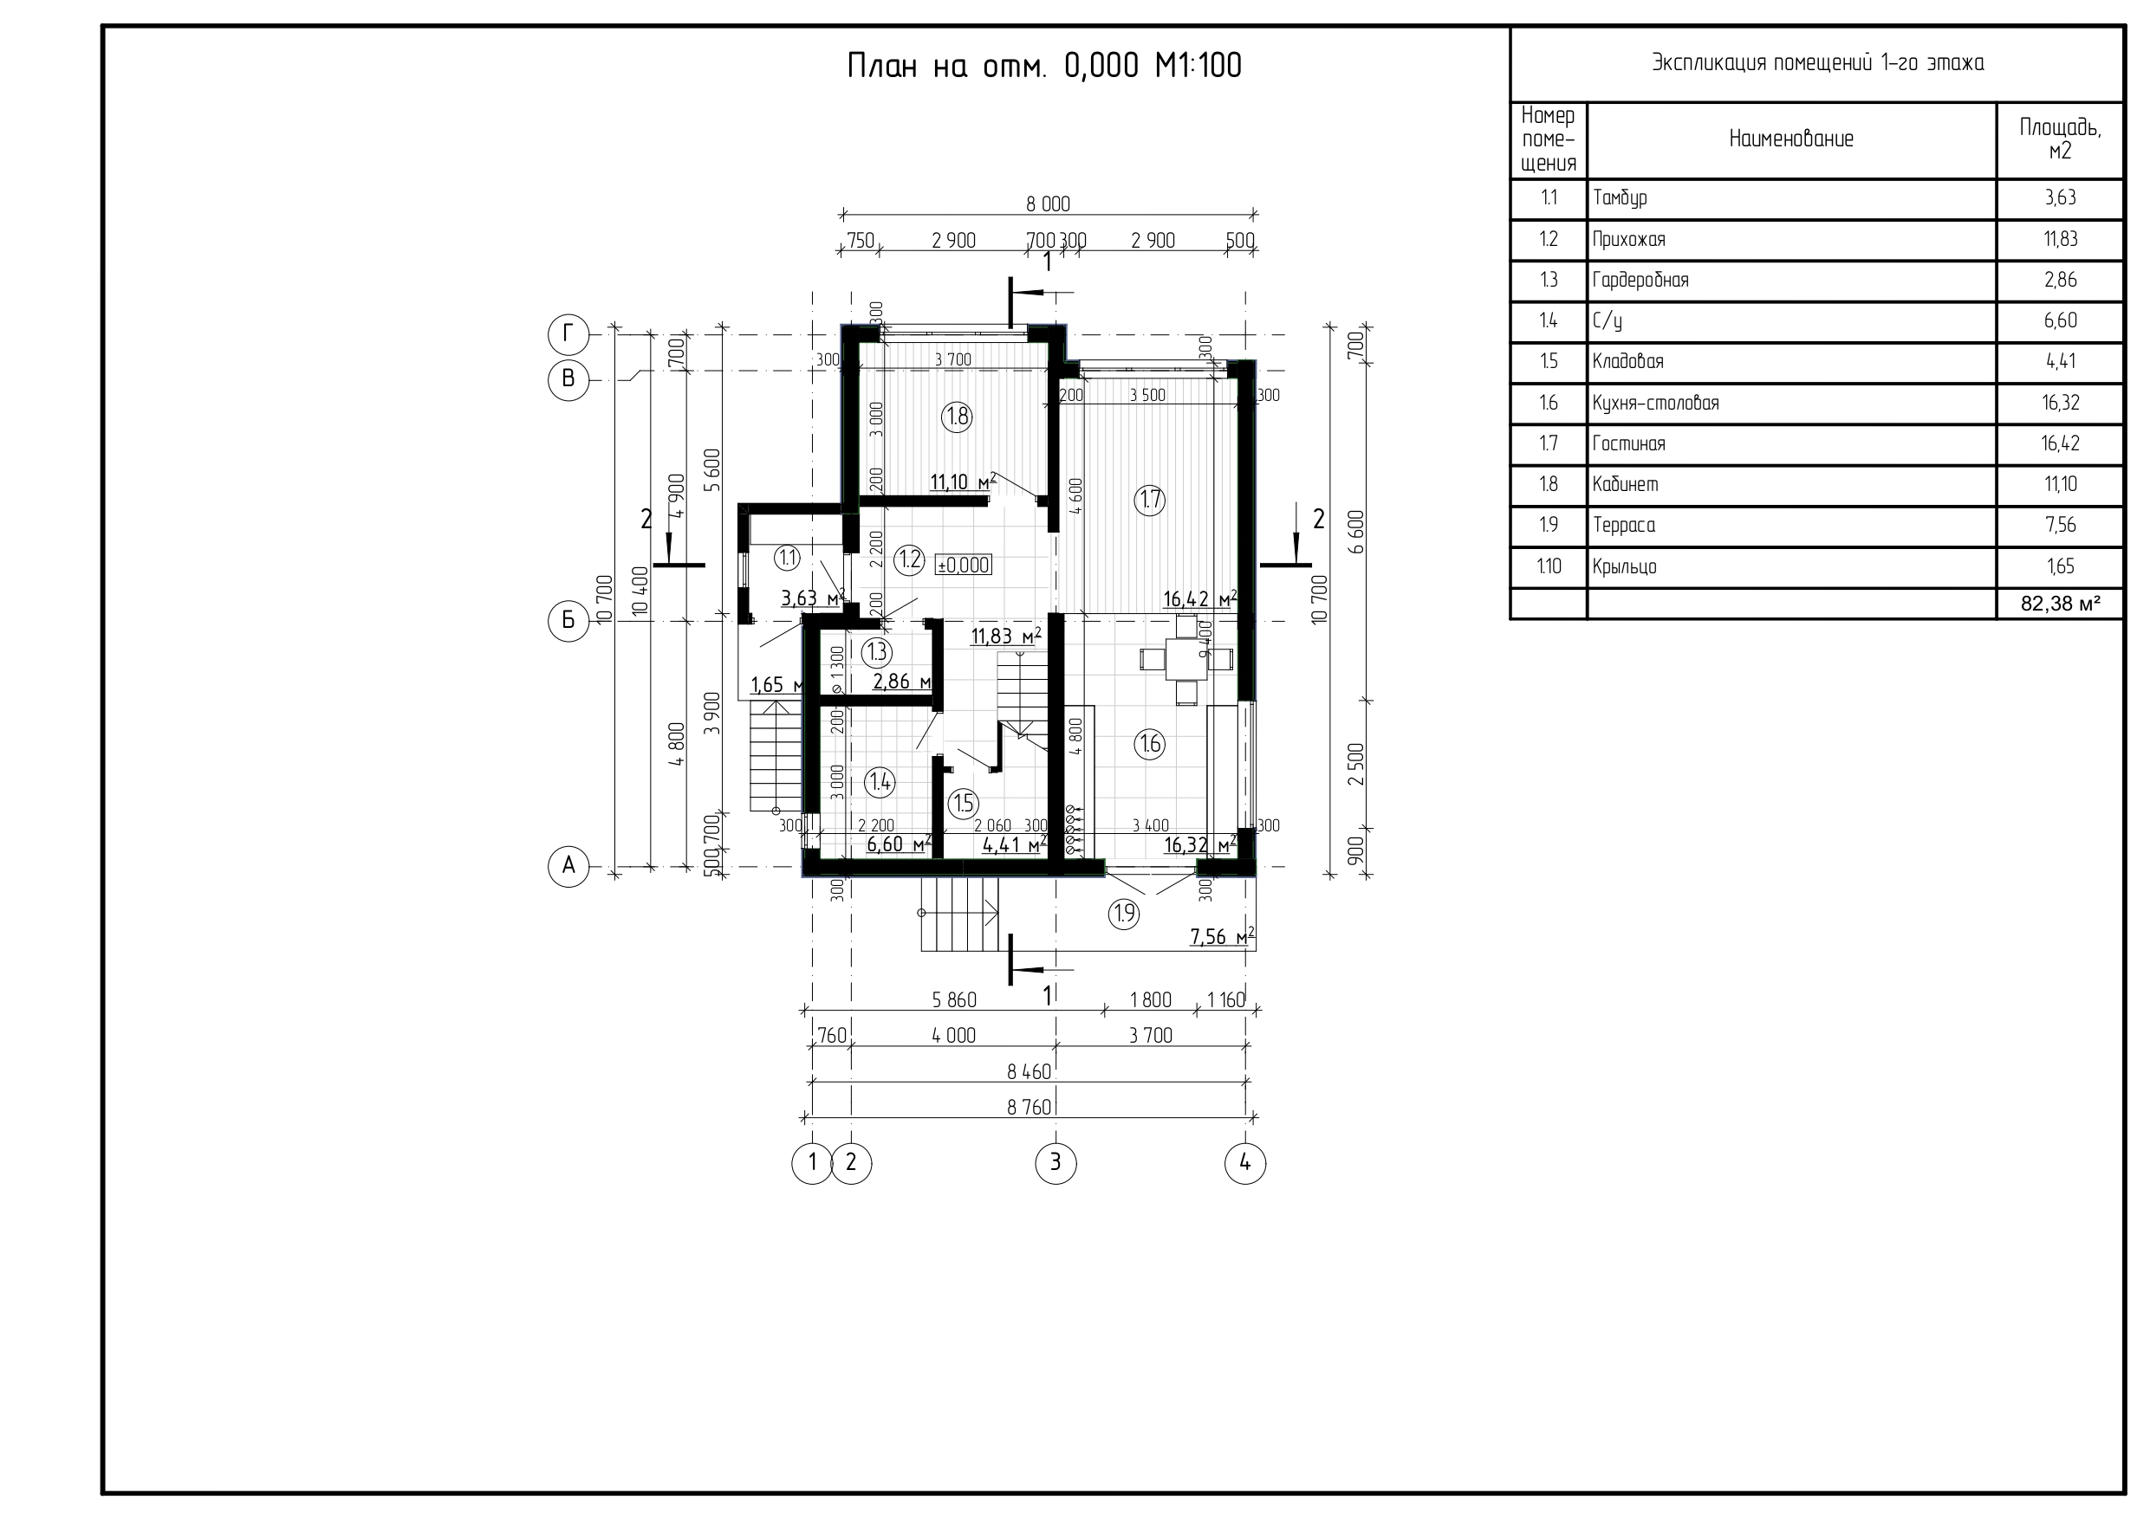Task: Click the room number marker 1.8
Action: (957, 417)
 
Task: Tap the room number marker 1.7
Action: (1150, 500)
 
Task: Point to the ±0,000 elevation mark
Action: (964, 566)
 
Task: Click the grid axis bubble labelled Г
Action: (568, 334)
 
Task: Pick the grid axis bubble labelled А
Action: (568, 867)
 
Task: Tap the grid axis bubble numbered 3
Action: (1056, 1163)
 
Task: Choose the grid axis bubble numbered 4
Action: (1244, 1163)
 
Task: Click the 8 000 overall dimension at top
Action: (1048, 204)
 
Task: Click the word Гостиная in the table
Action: (1629, 443)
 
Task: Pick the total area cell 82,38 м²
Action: (2060, 604)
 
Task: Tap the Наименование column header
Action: (1791, 139)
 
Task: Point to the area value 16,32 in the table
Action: (2060, 403)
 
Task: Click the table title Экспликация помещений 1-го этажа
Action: (1817, 63)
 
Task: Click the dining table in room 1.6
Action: (1185, 660)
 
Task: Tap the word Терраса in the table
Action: (1624, 525)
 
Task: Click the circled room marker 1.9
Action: (1124, 914)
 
